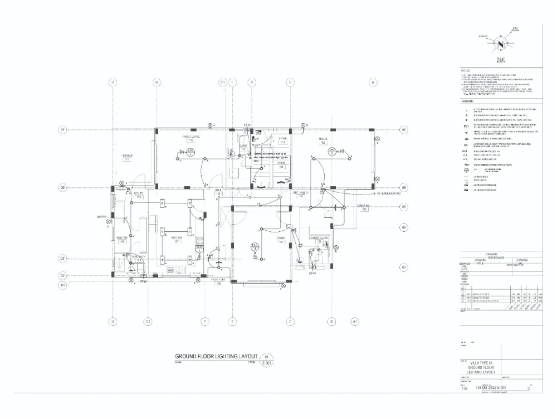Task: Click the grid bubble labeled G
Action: pyautogui.click(x=157, y=82)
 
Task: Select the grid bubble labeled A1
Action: pyautogui.click(x=354, y=322)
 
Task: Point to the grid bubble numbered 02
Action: pyautogui.click(x=63, y=275)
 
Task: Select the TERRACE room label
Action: pyautogui.click(x=126, y=157)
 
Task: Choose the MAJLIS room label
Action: pyautogui.click(x=323, y=140)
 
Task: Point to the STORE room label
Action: pyautogui.click(x=282, y=140)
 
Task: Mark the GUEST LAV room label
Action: pyautogui.click(x=365, y=207)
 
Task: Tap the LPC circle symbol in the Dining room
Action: pyautogui.click(x=255, y=246)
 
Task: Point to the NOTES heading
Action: pyautogui.click(x=466, y=70)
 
